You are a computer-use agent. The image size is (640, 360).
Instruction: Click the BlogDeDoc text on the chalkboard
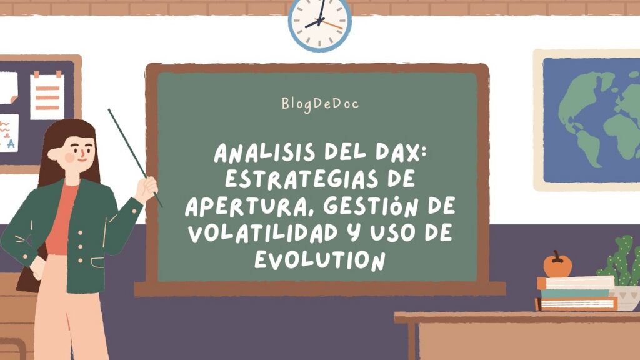[x=320, y=104]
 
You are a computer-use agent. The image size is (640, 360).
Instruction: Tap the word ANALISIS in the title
[x=265, y=152]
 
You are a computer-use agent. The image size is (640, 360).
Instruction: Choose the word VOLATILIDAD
[x=263, y=233]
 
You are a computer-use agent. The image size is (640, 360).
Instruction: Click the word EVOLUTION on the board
[x=320, y=259]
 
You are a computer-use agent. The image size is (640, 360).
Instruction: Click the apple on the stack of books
[x=557, y=264]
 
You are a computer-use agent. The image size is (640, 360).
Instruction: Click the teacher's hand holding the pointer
[x=146, y=189]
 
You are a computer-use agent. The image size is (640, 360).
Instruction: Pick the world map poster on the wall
[x=587, y=120]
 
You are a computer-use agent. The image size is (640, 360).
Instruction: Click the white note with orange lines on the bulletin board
[x=47, y=96]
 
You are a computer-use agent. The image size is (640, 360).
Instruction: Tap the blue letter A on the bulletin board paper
[x=11, y=143]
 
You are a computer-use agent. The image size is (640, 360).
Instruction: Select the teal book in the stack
[x=576, y=293]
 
